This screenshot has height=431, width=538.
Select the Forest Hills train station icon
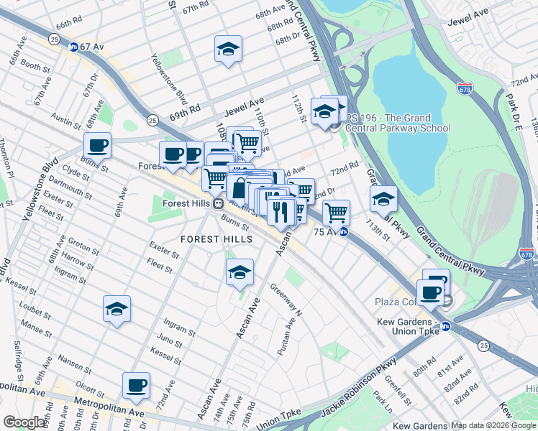[216, 203]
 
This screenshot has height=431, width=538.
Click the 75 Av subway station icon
[344, 231]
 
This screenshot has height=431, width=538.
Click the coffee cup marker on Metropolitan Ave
[136, 386]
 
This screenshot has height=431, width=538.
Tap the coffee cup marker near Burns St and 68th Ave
[97, 146]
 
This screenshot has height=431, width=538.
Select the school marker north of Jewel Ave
[228, 49]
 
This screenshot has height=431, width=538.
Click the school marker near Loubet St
[117, 309]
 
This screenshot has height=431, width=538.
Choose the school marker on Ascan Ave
[240, 272]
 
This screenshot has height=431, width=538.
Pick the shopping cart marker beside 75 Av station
[336, 213]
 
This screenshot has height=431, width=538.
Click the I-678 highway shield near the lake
[465, 88]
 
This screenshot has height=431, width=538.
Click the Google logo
[24, 422]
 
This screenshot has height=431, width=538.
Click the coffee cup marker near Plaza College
[431, 292]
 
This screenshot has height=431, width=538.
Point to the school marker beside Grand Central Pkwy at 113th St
[383, 198]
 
